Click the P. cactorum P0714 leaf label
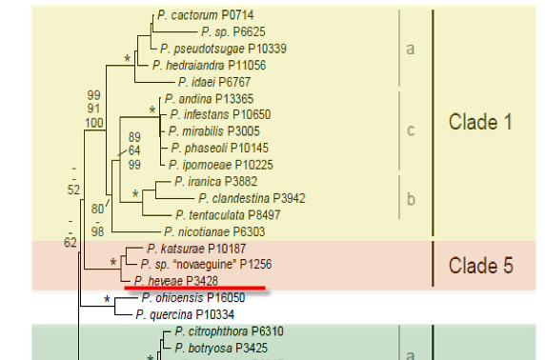tap(206, 15)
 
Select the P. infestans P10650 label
tap(220, 114)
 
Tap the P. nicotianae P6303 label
tap(214, 231)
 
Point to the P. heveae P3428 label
tap(176, 281)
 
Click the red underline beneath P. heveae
tap(195, 288)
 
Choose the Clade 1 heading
tap(480, 122)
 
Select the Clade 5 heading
tap(481, 266)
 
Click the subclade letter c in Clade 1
tap(411, 130)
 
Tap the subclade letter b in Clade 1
tap(411, 199)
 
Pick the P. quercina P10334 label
tap(185, 315)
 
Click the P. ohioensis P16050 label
tap(193, 298)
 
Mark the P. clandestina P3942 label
tap(252, 198)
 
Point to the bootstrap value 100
tap(94, 123)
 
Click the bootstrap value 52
tap(73, 190)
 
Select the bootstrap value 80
tap(98, 209)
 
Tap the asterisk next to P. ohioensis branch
tap(107, 300)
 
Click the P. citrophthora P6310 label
tap(230, 331)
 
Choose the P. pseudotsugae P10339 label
tap(224, 49)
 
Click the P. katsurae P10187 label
tap(196, 249)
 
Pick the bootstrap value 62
tap(71, 242)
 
